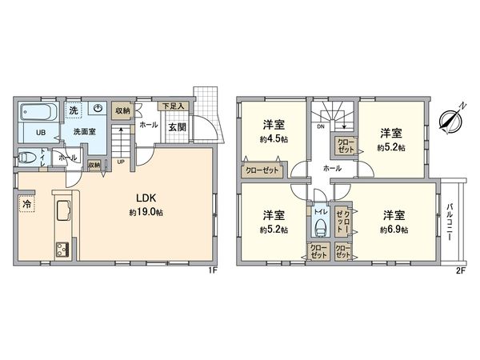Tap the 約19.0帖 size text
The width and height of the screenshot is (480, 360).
pos(146,213)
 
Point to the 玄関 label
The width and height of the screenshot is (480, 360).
pos(177,126)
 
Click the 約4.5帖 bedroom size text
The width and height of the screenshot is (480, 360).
pos(274,138)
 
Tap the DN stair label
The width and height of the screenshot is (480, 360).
pos(322,126)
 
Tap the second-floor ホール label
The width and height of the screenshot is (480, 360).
pos(332,169)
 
